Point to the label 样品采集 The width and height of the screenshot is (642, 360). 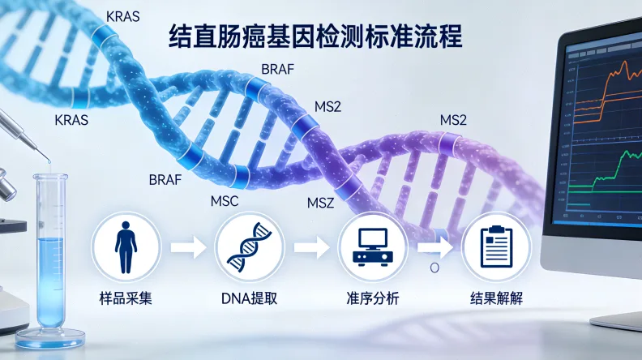point(126,298)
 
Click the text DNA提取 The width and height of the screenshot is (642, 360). point(249,298)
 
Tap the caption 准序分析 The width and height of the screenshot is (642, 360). point(371,298)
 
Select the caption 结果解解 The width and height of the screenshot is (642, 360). point(495,298)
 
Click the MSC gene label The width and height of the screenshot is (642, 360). point(225,202)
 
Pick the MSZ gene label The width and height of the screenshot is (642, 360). point(321,202)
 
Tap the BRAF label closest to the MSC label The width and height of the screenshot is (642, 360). point(165,180)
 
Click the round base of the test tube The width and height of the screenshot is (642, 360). point(50,333)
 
